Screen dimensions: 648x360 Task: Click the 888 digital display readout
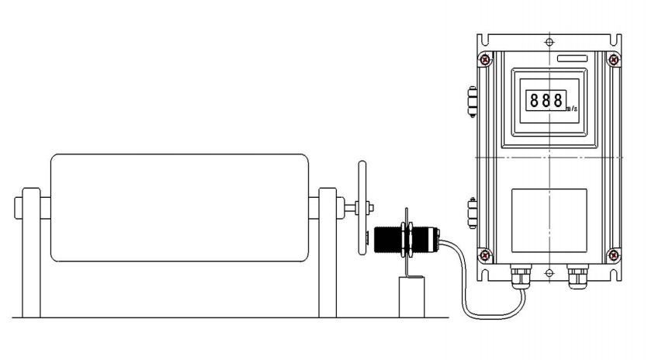pyautogui.click(x=546, y=100)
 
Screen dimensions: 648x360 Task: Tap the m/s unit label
pyautogui.click(x=572, y=109)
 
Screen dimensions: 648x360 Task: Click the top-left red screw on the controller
pyautogui.click(x=486, y=60)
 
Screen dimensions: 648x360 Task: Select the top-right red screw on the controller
pyautogui.click(x=614, y=60)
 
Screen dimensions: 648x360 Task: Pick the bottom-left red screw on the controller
pyautogui.click(x=485, y=255)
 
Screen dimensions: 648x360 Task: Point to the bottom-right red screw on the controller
pyautogui.click(x=614, y=255)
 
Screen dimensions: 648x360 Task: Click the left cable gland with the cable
pyautogui.click(x=521, y=277)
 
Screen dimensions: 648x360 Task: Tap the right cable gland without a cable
pyautogui.click(x=577, y=277)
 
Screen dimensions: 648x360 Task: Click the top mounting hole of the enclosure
pyautogui.click(x=549, y=42)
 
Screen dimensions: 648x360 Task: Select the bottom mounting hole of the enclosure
pyautogui.click(x=549, y=273)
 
